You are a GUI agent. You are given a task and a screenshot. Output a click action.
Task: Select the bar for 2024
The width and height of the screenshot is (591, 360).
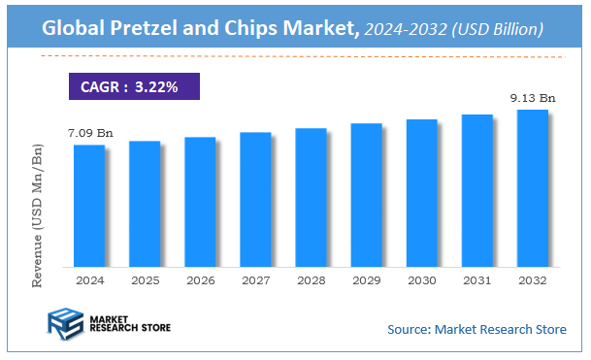point(88,205)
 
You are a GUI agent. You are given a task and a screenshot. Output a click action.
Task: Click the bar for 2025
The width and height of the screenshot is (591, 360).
point(144,203)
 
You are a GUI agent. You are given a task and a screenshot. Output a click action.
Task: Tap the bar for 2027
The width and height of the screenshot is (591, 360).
point(255,199)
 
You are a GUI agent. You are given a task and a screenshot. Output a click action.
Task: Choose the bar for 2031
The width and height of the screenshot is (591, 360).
point(476,190)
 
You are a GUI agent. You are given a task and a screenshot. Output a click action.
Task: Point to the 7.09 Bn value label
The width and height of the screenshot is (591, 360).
point(89,131)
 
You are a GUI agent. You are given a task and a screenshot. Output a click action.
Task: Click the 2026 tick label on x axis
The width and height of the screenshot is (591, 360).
point(200,279)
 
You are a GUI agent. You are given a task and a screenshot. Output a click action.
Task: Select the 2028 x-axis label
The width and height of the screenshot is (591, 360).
point(311,279)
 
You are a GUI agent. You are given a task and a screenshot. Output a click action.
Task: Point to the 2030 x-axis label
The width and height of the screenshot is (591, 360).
point(421,279)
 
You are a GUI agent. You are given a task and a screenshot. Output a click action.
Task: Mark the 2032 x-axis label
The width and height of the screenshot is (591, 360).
point(532,279)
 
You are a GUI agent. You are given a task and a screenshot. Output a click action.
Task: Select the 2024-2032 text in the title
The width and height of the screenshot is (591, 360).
point(405,31)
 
